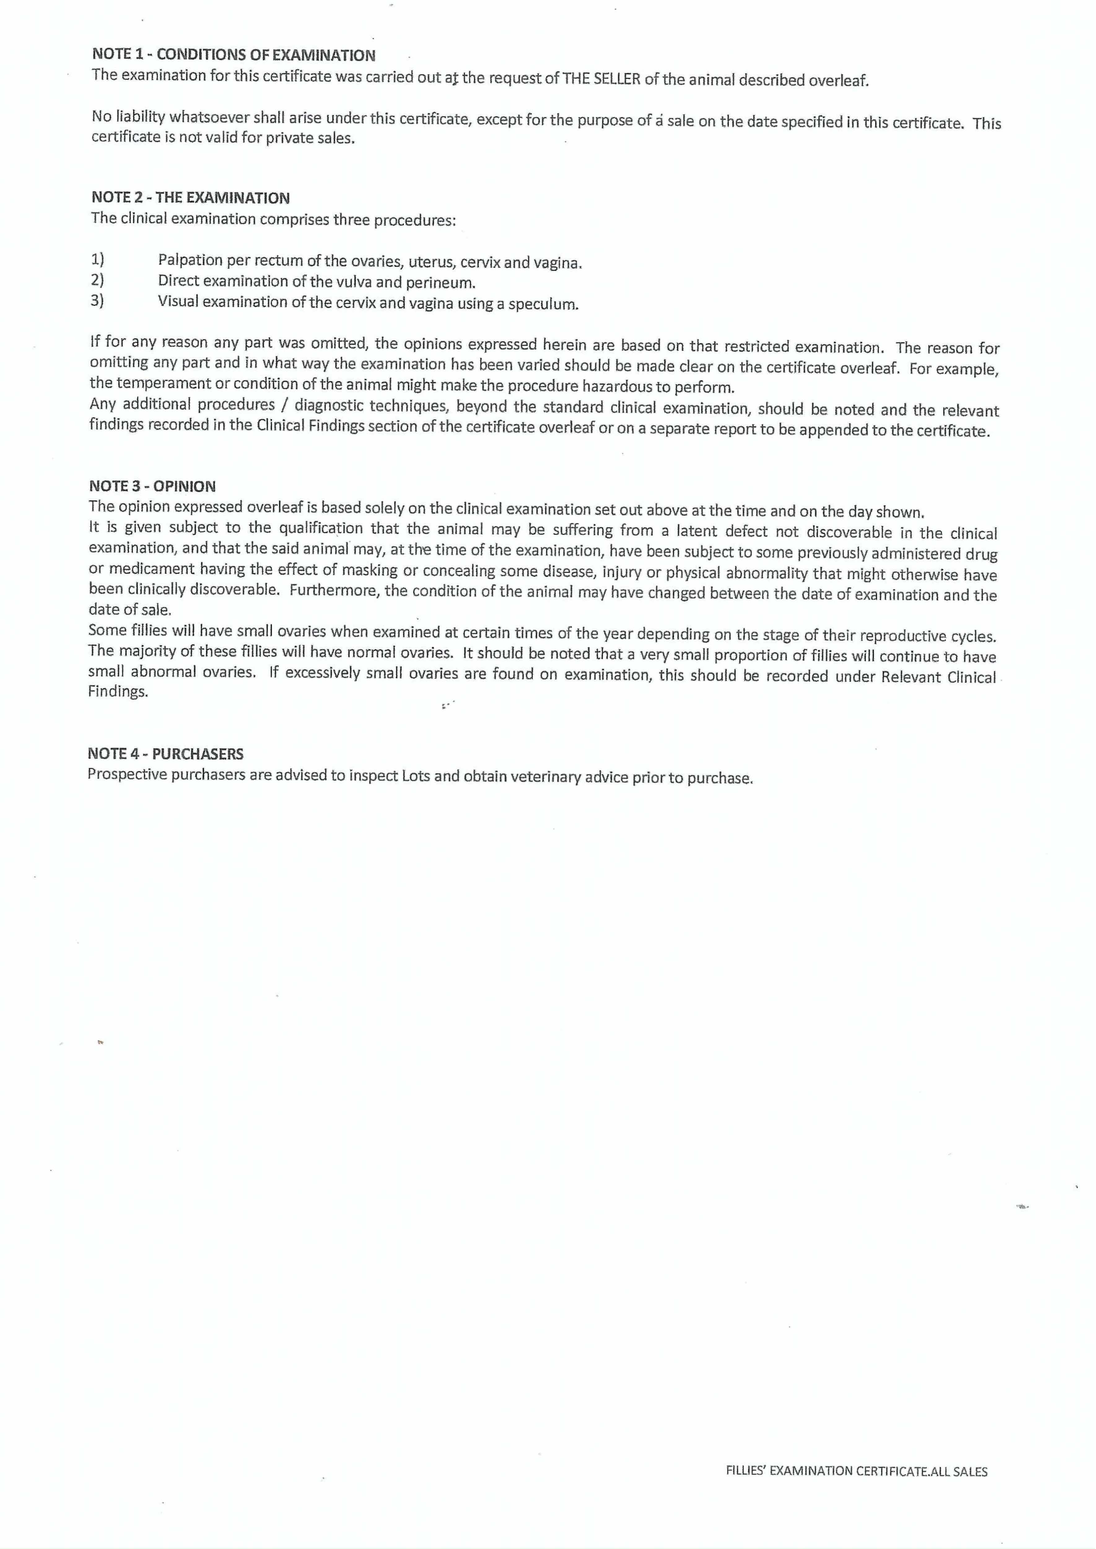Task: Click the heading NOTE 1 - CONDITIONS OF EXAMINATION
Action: click(234, 55)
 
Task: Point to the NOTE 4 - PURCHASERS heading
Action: click(165, 754)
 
